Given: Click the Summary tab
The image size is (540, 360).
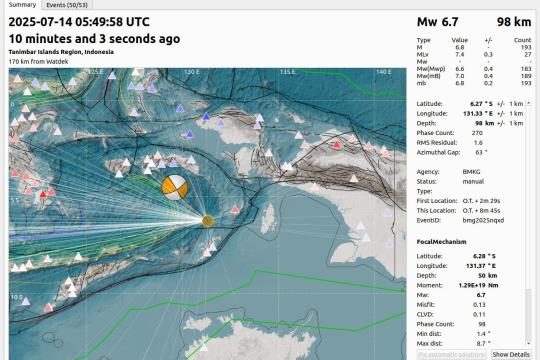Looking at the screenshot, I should coord(21,5).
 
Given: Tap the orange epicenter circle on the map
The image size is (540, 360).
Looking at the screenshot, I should coord(208,220).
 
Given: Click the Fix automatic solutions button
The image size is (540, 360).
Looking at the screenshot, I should coord(451,354).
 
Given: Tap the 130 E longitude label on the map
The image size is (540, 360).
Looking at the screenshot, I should coord(190,72).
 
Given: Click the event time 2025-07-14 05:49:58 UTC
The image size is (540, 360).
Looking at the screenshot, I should coord(80,21).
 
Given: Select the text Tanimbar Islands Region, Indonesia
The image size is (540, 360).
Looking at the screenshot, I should coord(60,51).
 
